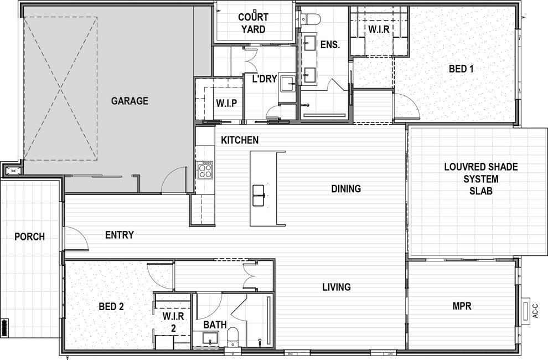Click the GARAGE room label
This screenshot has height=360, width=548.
130,101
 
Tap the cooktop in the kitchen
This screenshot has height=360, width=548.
205,170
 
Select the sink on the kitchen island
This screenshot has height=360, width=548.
259,195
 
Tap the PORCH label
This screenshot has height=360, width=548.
30,237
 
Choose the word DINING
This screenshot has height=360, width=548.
346,189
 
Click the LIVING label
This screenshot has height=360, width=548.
337,287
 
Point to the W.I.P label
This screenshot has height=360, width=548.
226,103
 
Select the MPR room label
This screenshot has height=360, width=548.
462,306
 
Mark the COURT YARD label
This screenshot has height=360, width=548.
254,23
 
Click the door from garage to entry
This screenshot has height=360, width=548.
173,180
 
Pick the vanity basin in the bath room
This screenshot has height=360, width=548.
210,338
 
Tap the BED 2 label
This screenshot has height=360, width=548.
111,307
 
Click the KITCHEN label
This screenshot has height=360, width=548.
240,140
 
